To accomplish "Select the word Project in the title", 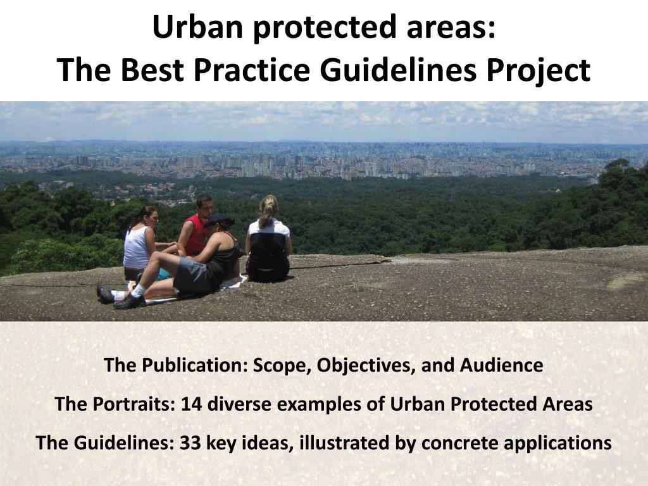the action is pos(538,71).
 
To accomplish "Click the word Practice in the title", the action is pos(252,70).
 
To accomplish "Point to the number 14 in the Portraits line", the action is pos(191,404).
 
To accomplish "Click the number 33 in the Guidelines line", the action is pos(190,442).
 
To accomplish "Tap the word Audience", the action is pos(501,365).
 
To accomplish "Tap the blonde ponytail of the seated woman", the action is pos(268,210).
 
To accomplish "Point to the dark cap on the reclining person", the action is pos(218,220).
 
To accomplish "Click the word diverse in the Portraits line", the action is pos(239,404).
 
